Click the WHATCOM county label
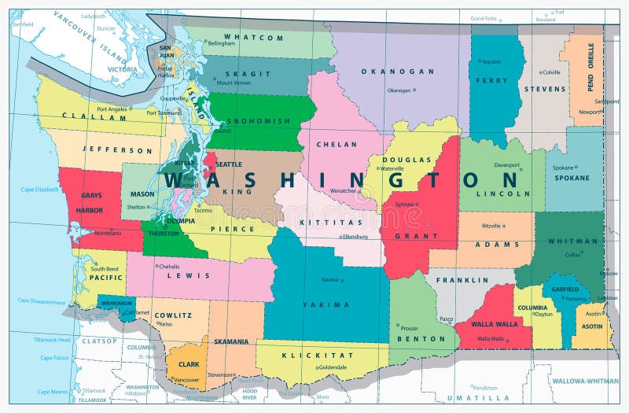[x=253, y=37]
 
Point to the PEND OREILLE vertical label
[x=590, y=67]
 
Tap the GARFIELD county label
[x=565, y=289]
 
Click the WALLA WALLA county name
[x=495, y=324]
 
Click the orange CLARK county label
[x=189, y=364]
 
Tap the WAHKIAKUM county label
[x=116, y=302]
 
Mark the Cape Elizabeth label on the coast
[x=39, y=190]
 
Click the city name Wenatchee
[x=343, y=190]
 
